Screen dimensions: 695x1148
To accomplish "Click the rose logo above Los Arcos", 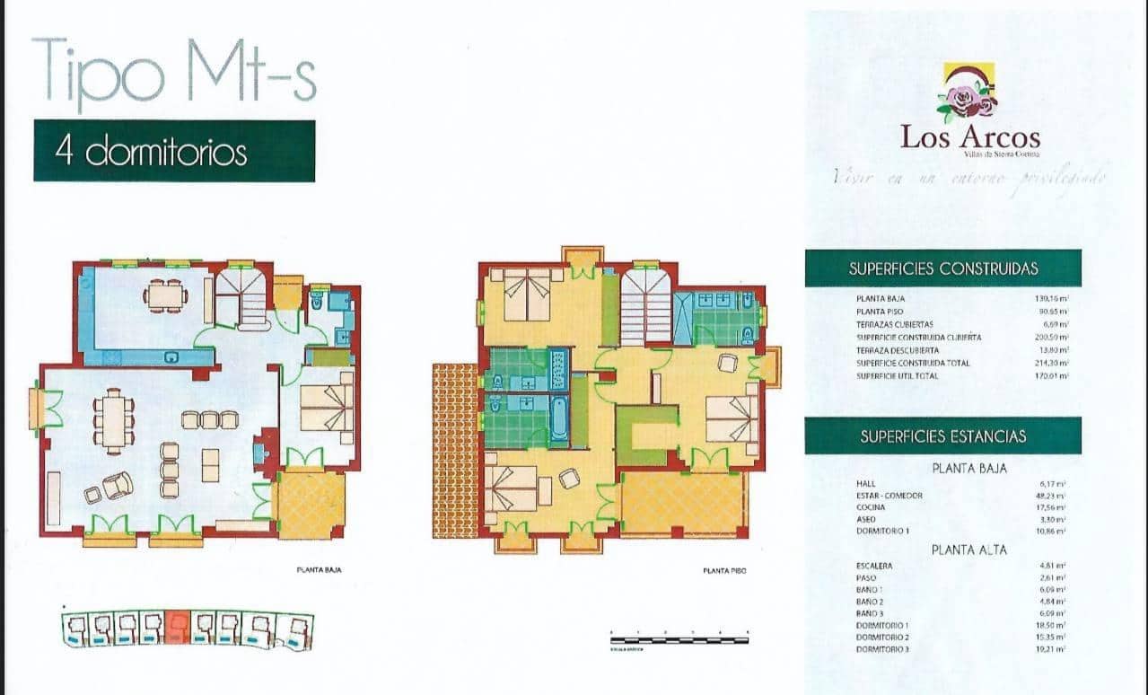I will (x=968, y=92).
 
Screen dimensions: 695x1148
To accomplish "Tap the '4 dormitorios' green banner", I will (x=174, y=151).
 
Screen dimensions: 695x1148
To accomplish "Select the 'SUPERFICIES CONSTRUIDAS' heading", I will (x=942, y=268).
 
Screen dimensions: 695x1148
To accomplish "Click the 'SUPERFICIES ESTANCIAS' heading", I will (x=942, y=436).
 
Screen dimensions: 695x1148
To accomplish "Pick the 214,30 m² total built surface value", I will (x=1051, y=363).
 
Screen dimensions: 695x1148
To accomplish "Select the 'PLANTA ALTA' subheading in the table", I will (x=968, y=548).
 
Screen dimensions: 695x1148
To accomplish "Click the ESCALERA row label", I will (x=874, y=566).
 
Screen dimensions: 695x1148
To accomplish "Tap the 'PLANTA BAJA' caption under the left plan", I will (x=319, y=569).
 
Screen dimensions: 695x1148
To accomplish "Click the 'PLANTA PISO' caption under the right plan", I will (x=725, y=570).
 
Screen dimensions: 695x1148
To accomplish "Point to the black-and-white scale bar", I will (x=679, y=639).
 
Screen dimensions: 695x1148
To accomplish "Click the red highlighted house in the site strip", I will (x=177, y=628).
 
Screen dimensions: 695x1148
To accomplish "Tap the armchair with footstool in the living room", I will (x=114, y=486).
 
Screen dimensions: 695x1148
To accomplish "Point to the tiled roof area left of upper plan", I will (x=455, y=450).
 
